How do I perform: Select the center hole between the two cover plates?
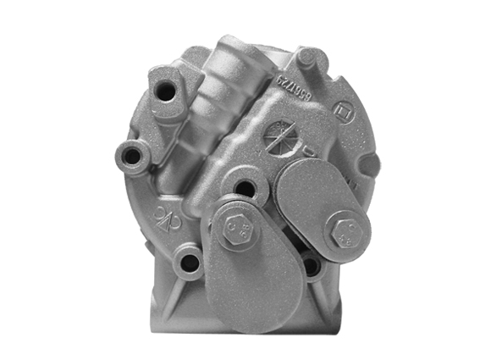click(x=245, y=188)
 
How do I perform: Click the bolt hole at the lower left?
click(x=190, y=263)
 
